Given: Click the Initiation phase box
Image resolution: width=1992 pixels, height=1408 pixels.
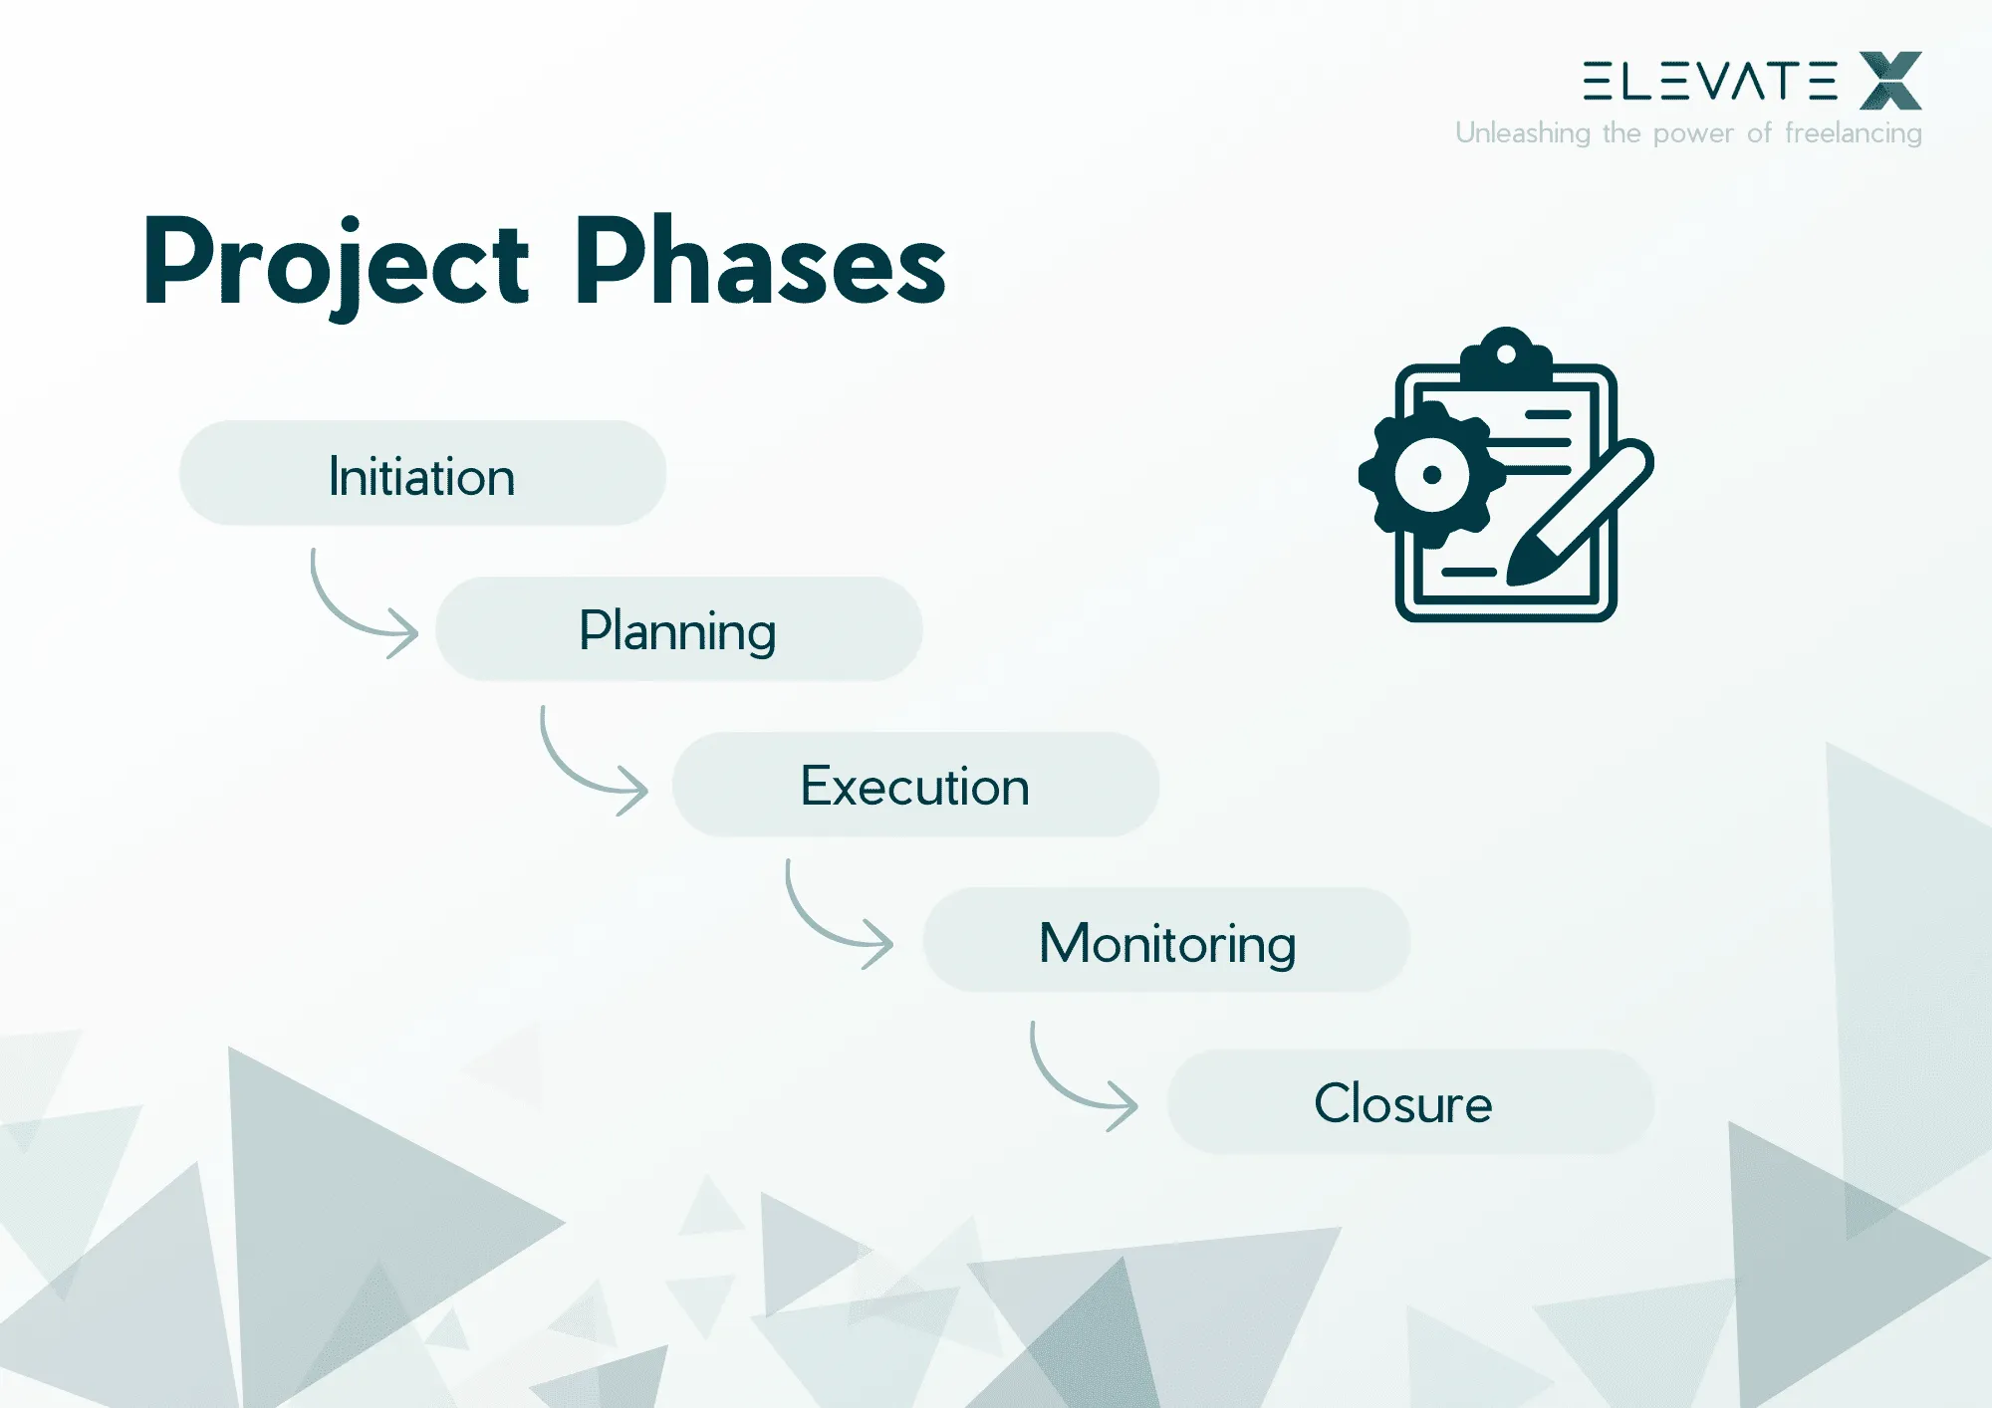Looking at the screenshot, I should coord(422,474).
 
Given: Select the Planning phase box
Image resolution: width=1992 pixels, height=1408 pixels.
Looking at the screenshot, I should coord(678,629).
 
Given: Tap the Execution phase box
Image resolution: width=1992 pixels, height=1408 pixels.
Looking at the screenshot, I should coord(914,785).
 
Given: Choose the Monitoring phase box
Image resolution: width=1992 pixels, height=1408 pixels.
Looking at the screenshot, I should coord(1166,940).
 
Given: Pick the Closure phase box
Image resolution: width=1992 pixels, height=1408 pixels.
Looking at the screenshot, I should coord(1409,1102).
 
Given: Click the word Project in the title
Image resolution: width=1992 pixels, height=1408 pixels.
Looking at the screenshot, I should coord(336,262).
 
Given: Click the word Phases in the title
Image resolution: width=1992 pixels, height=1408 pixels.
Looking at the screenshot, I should coord(759,262).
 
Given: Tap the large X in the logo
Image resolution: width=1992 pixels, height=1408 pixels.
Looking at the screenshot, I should coord(1889,81).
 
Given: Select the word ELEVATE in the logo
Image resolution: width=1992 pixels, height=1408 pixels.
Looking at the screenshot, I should coord(1709,81).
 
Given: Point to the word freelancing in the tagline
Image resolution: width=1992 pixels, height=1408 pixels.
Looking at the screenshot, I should coord(1853,133).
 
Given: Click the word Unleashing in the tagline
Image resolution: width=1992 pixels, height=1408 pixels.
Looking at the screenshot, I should coord(1522,133).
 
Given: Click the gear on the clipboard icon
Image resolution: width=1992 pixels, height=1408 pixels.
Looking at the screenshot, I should coord(1432,475).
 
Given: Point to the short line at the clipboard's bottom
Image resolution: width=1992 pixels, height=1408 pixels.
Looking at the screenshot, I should coord(1468,573).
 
